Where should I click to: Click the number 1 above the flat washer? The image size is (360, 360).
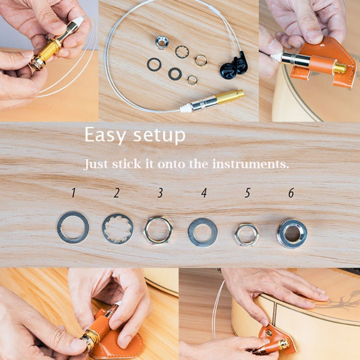[x=73, y=193]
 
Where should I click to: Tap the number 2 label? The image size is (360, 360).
[x=117, y=193]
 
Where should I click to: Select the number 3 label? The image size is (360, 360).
[x=160, y=193]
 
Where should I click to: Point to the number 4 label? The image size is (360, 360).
[x=204, y=193]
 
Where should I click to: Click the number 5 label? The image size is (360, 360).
[x=248, y=193]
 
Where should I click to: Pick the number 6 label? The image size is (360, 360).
[x=291, y=193]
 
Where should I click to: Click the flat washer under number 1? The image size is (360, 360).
[x=73, y=227]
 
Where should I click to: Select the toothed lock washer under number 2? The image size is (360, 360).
[x=118, y=229]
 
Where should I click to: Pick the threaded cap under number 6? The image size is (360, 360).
[x=292, y=233]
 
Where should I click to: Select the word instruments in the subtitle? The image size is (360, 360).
[x=251, y=164]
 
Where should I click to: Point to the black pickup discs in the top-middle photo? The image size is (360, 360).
[x=234, y=66]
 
